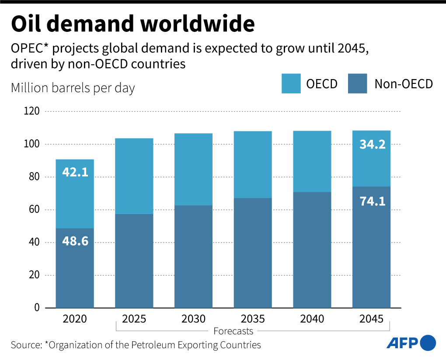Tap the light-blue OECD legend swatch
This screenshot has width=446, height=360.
(x=291, y=83)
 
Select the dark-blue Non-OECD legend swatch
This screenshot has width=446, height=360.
(x=357, y=83)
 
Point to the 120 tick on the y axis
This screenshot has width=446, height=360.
(x=32, y=111)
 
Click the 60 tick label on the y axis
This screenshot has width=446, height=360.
(x=35, y=210)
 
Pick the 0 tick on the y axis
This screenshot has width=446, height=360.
(x=37, y=308)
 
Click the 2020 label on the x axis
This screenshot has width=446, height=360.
(x=75, y=319)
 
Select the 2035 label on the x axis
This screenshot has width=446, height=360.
(x=253, y=319)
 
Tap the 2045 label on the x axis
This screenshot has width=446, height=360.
(x=371, y=319)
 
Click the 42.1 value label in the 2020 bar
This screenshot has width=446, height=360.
(x=75, y=172)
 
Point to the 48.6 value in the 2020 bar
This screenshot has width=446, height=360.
(x=75, y=240)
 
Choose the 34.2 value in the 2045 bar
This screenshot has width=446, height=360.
(x=372, y=144)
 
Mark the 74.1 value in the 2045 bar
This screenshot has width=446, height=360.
(x=372, y=201)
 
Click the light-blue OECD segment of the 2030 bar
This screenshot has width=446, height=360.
(x=193, y=170)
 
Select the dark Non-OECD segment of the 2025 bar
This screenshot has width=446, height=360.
(x=134, y=261)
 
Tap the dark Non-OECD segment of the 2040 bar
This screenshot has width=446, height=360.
(x=312, y=250)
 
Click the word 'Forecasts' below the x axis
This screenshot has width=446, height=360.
(x=233, y=331)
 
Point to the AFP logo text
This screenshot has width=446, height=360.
(x=402, y=343)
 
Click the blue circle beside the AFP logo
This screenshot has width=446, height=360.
(x=428, y=343)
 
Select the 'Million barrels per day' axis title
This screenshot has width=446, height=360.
(x=73, y=88)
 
